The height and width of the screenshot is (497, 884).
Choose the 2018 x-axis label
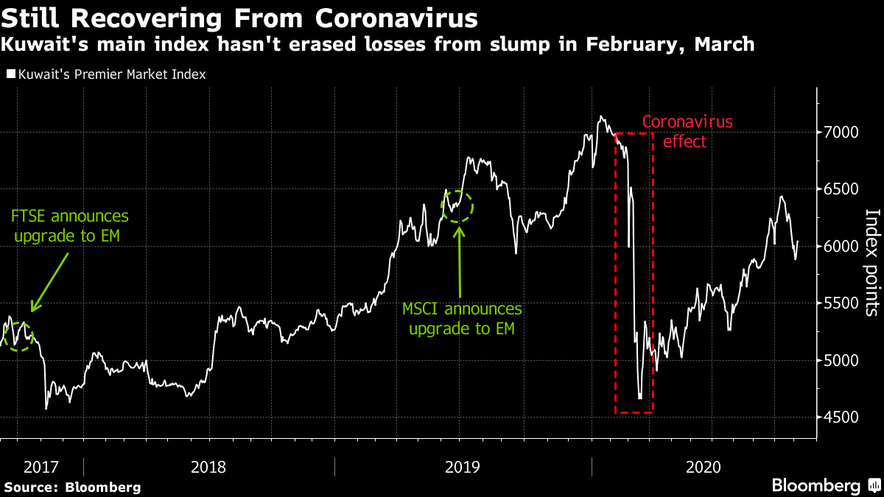pos(208,466)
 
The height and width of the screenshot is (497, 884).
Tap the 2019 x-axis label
pos(463,466)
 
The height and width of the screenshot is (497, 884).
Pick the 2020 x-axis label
pos(703,466)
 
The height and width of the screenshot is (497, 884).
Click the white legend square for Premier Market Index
pos(10,74)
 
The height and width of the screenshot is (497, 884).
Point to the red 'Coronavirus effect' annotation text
pos(687,131)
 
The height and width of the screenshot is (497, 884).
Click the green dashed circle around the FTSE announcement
pos(19,336)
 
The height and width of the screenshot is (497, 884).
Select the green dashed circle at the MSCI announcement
pos(458,206)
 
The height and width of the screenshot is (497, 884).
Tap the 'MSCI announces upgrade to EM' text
pos(461,318)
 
